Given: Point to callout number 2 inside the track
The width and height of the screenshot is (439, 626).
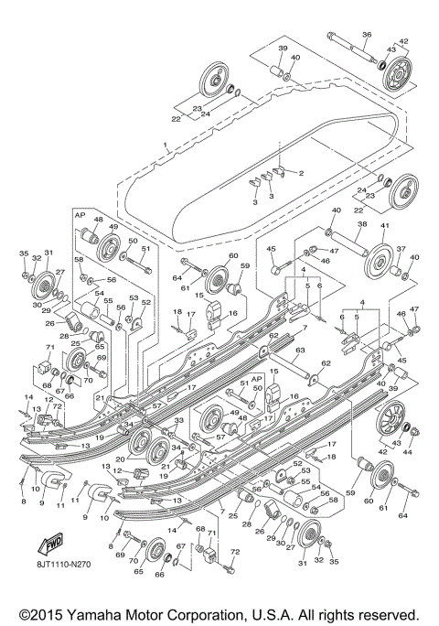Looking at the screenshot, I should click(x=299, y=172).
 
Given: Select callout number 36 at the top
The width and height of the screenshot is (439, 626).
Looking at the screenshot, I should click(x=366, y=35).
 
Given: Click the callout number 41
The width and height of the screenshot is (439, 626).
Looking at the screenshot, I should click(x=384, y=224).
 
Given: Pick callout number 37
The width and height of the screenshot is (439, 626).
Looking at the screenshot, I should click(x=399, y=248).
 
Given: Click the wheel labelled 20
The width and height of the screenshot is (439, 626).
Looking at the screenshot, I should click(x=143, y=448).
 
